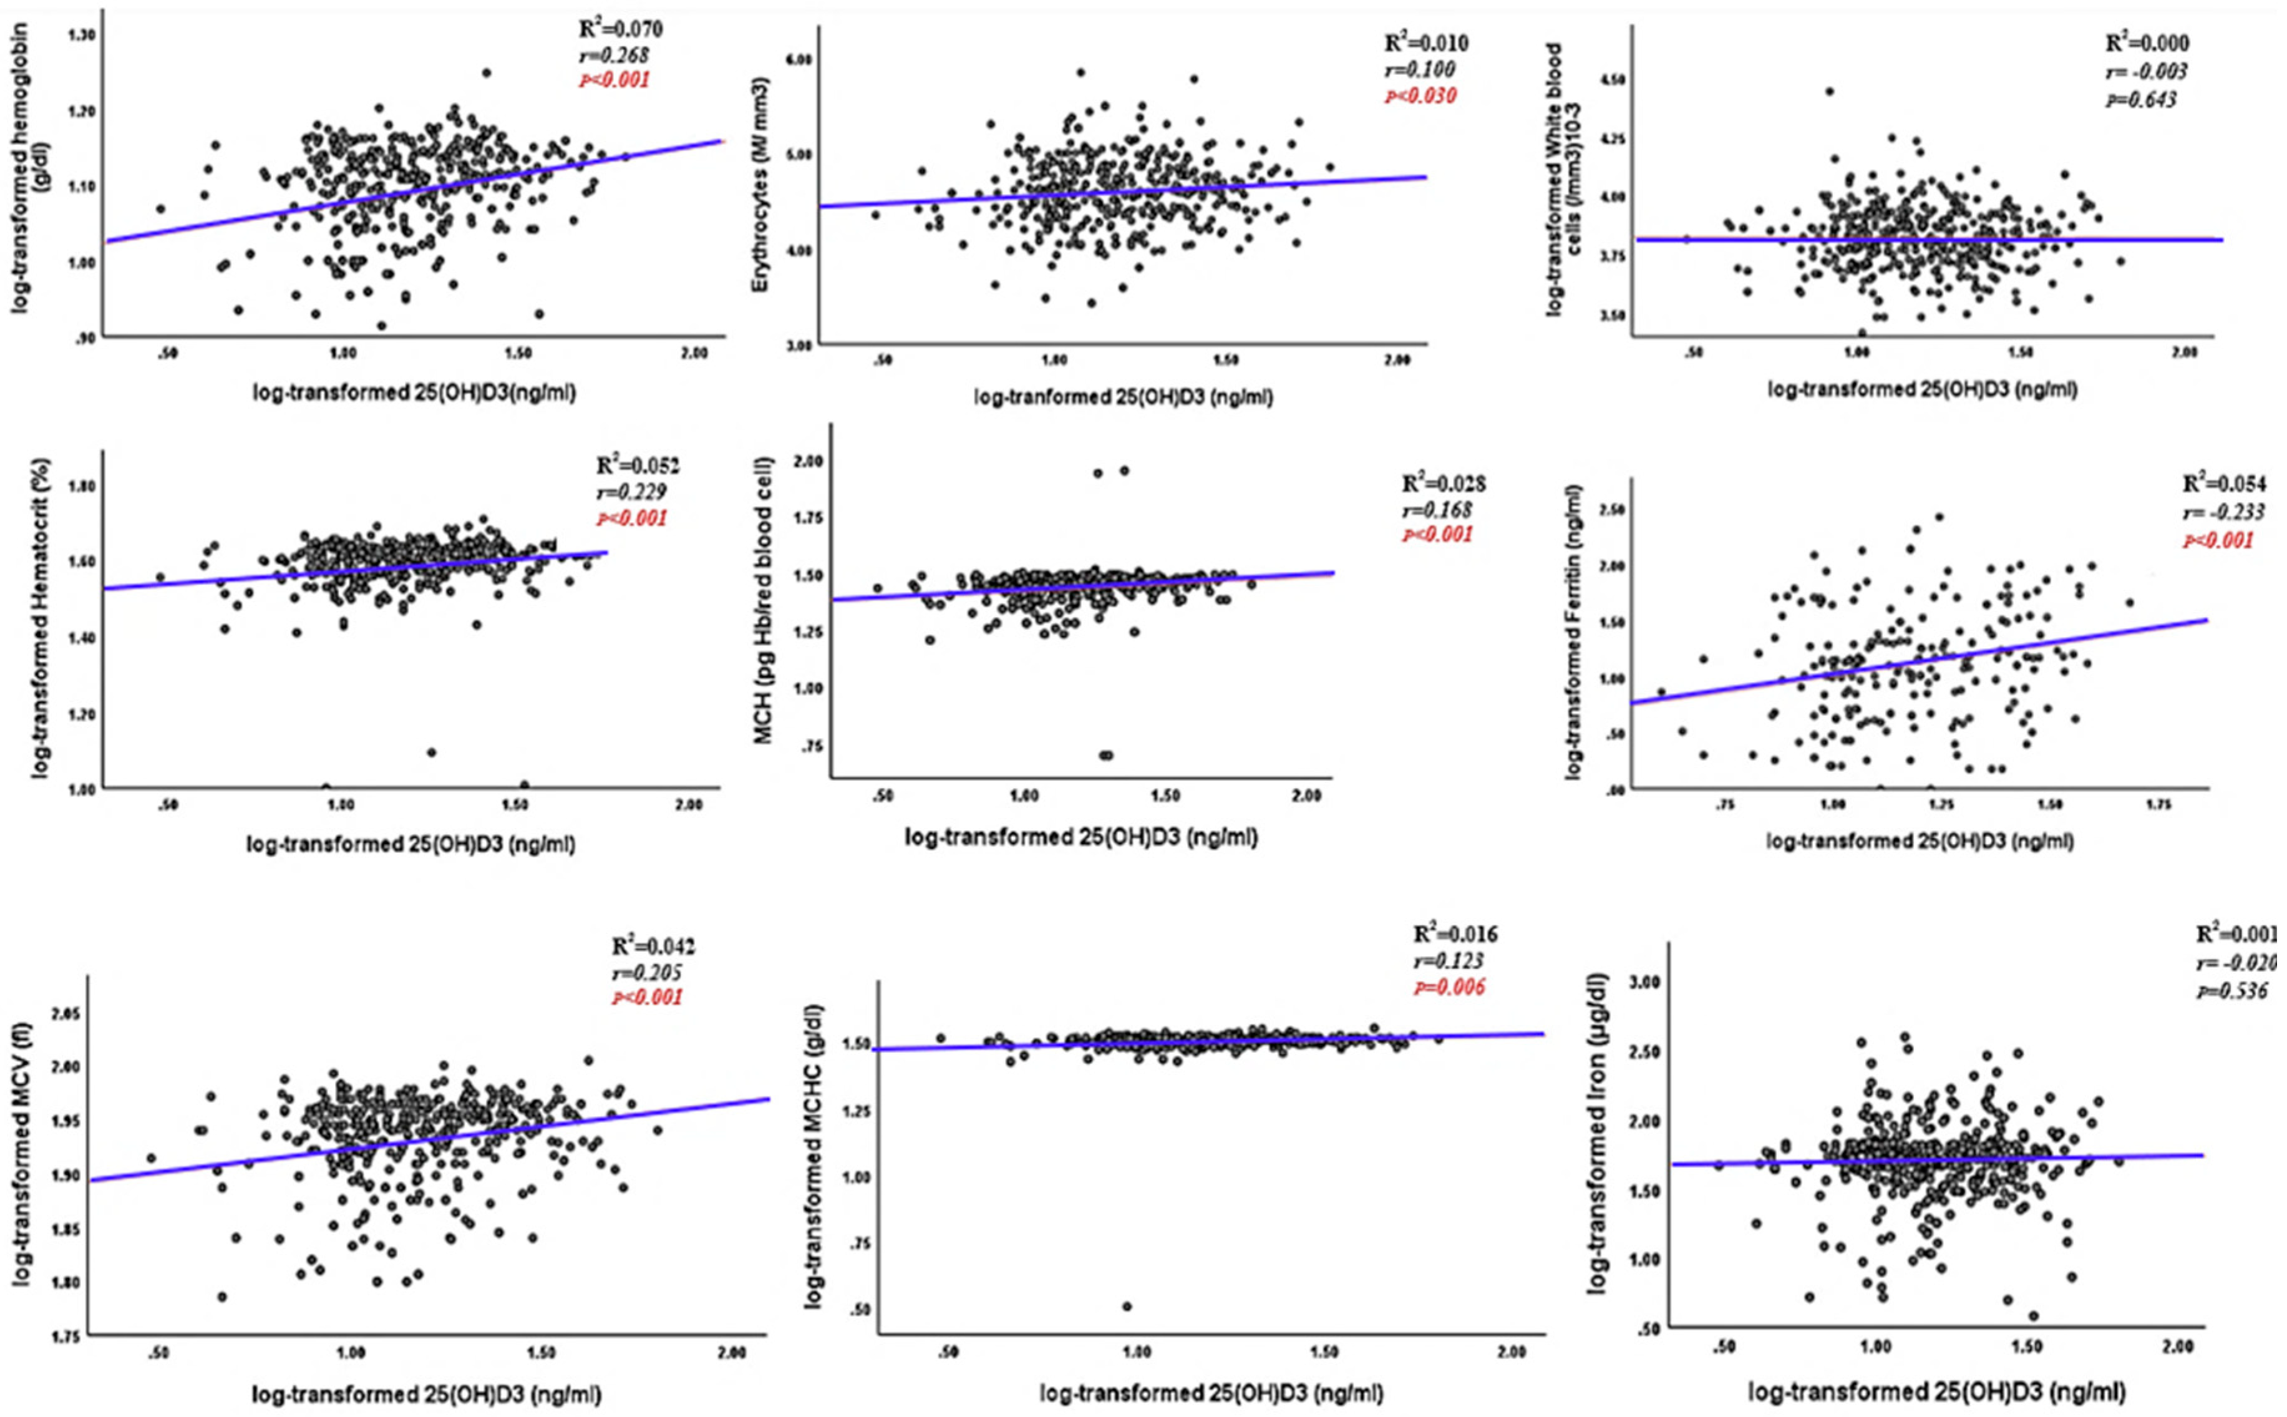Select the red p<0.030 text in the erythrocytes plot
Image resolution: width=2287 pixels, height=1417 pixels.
1420,95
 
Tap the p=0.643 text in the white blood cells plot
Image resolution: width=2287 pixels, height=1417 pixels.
2142,99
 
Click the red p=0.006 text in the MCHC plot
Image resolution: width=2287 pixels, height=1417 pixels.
1449,987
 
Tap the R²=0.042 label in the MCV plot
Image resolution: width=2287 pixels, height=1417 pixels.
653,946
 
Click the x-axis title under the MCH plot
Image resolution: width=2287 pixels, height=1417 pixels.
1080,837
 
